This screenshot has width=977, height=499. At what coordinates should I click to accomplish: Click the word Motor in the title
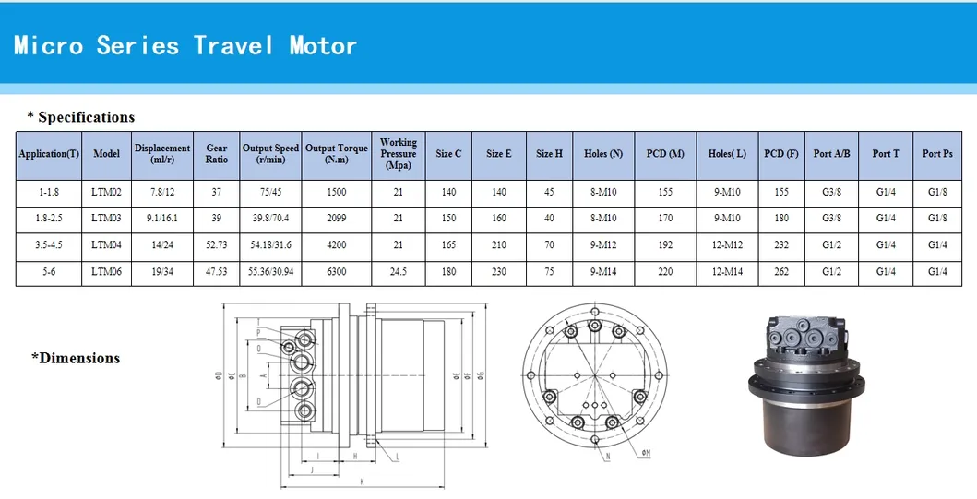(322, 45)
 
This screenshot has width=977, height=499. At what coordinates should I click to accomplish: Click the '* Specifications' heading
(81, 117)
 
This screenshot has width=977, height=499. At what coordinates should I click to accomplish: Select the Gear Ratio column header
(217, 153)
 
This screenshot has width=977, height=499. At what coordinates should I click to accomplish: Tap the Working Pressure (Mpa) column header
(399, 154)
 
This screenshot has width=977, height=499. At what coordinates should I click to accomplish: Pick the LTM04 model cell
(107, 245)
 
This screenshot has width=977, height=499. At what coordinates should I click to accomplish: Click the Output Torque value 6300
(337, 272)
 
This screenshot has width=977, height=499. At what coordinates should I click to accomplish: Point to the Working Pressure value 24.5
(399, 272)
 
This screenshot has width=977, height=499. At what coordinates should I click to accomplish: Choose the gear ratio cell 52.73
(217, 245)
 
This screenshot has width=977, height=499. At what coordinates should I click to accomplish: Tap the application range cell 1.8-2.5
(49, 219)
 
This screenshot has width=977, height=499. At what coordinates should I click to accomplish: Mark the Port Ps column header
(937, 153)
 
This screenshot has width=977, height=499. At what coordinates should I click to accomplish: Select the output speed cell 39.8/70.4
(270, 219)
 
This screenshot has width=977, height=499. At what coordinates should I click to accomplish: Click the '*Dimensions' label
(76, 358)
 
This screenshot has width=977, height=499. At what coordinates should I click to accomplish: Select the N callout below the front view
(607, 457)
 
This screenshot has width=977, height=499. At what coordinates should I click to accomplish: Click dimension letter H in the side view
(355, 456)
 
